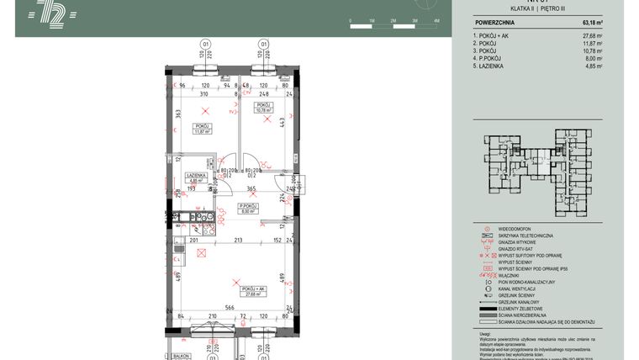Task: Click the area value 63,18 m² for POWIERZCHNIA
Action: point(592,23)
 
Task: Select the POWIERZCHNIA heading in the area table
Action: point(496,23)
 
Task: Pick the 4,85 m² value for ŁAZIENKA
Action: point(594,66)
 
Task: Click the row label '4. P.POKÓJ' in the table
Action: point(492,58)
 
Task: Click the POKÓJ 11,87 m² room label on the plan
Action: point(201,129)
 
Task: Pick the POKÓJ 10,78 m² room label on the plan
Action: point(265,108)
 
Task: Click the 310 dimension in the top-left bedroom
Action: point(203,93)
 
